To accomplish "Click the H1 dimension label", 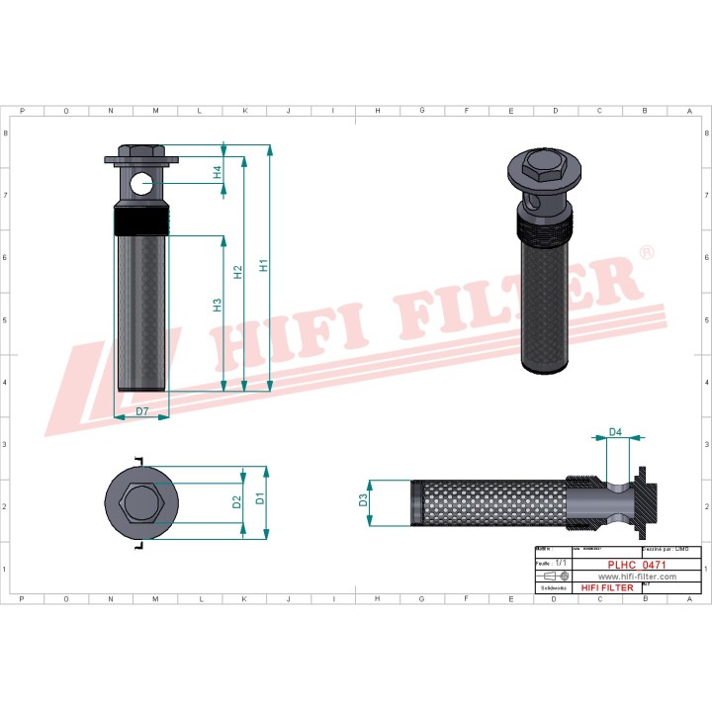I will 263,266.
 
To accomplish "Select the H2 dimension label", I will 237,271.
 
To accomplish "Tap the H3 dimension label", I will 217,306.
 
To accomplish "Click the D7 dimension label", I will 142,409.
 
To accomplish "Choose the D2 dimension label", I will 236,501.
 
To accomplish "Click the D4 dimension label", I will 614,431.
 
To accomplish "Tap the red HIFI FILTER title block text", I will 607,587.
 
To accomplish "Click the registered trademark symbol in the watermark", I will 646,254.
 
